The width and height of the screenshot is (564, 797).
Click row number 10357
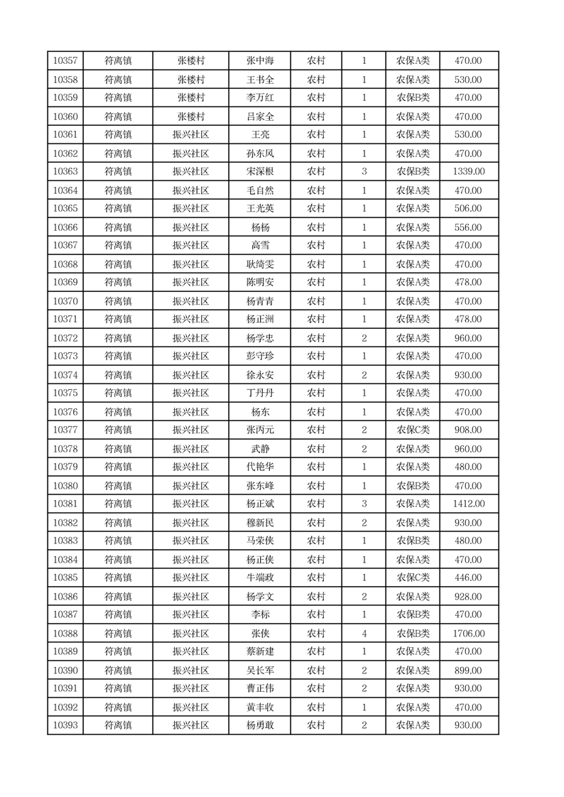pyautogui.click(x=65, y=61)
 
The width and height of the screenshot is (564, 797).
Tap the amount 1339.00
pyautogui.click(x=468, y=171)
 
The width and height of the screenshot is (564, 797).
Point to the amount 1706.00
pyautogui.click(x=468, y=634)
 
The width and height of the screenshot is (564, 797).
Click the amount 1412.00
pyautogui.click(x=468, y=504)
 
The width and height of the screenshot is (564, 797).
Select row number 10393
pyautogui.click(x=65, y=725)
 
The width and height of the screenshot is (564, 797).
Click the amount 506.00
pyautogui.click(x=468, y=208)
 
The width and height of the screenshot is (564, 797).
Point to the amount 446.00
pyautogui.click(x=468, y=578)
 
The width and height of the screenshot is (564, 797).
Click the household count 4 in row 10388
pyautogui.click(x=364, y=634)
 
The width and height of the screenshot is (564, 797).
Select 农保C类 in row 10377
pyautogui.click(x=413, y=430)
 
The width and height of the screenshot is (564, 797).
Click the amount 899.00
pyautogui.click(x=468, y=671)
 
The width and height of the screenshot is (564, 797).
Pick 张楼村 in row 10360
pyautogui.click(x=191, y=116)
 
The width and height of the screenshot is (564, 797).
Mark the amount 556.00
pyautogui.click(x=468, y=227)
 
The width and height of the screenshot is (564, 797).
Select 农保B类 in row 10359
pyautogui.click(x=413, y=98)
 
